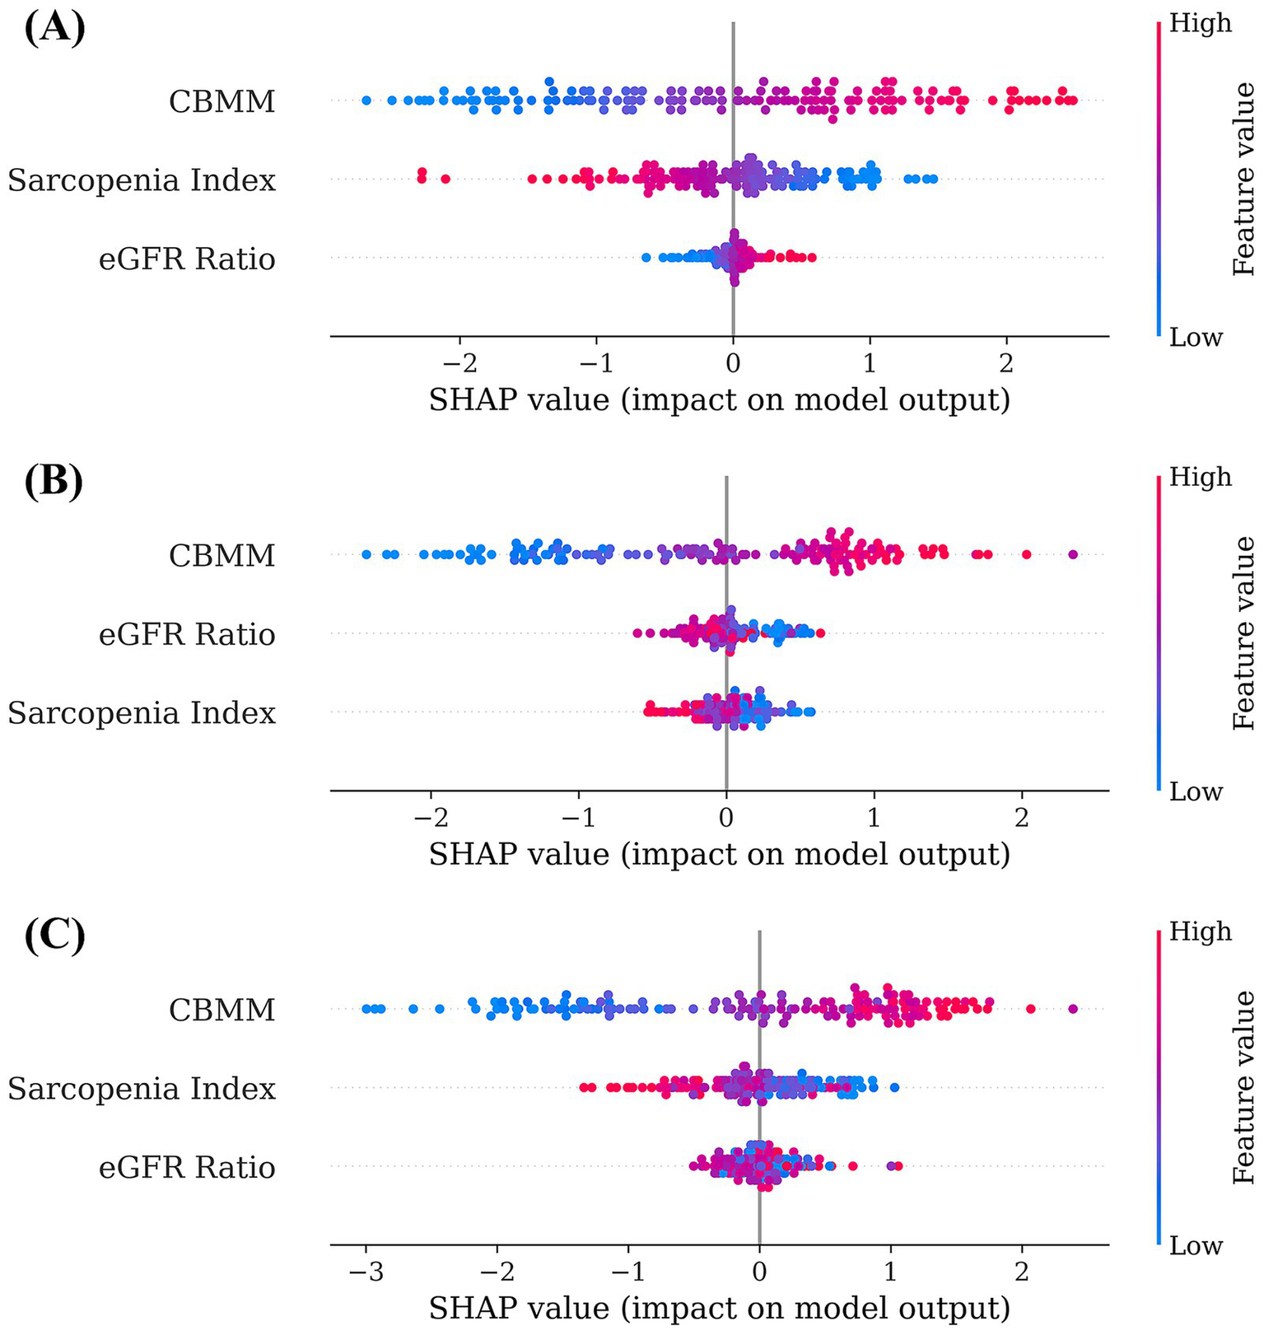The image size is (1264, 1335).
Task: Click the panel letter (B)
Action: (x=54, y=483)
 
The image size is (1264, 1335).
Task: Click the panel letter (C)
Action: (x=54, y=938)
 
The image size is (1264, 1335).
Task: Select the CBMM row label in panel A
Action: (x=222, y=101)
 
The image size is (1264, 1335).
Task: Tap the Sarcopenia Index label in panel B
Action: (x=142, y=712)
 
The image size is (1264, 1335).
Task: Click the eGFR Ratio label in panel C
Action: (x=187, y=1167)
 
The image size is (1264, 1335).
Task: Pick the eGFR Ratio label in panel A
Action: (x=187, y=259)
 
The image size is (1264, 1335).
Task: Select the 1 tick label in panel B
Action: (x=874, y=818)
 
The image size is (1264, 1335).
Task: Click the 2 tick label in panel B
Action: (x=1022, y=818)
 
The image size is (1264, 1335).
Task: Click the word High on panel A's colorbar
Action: (x=1201, y=23)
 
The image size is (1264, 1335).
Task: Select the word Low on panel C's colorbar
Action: (x=1196, y=1245)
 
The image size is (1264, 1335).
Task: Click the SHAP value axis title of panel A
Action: (x=719, y=400)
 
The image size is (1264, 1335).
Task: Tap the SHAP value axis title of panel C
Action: (x=719, y=1308)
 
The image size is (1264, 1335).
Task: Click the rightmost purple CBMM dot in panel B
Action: (x=1072, y=554)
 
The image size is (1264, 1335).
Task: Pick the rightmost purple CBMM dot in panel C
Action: (x=1072, y=1009)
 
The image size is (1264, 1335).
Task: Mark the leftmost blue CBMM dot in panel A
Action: (x=366, y=100)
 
